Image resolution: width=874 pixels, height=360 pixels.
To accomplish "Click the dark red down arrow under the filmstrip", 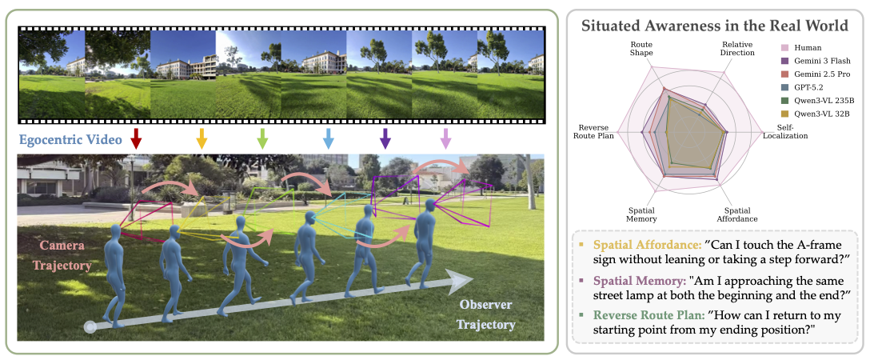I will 137,138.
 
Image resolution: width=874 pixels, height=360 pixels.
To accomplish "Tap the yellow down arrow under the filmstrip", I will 202,138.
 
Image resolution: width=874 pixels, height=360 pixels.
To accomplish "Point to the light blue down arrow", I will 327,138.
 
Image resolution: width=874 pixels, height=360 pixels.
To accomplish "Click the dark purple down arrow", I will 385,138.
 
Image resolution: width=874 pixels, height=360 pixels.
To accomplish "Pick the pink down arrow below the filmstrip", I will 445,138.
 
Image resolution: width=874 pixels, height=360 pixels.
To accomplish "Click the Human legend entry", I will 808,47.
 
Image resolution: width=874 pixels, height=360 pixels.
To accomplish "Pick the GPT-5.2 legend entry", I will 811,87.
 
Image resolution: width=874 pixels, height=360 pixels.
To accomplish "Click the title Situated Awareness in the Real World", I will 714,26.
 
